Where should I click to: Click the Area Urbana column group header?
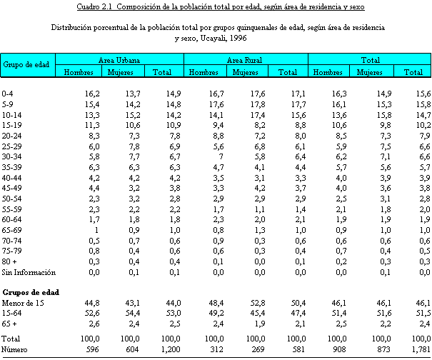[x=119, y=59]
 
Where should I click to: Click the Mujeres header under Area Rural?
[x=245, y=72]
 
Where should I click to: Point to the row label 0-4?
[x=8, y=94]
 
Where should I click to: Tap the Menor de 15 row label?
[x=23, y=303]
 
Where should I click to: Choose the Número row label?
[x=15, y=349]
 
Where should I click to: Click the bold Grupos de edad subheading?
[x=31, y=292]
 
